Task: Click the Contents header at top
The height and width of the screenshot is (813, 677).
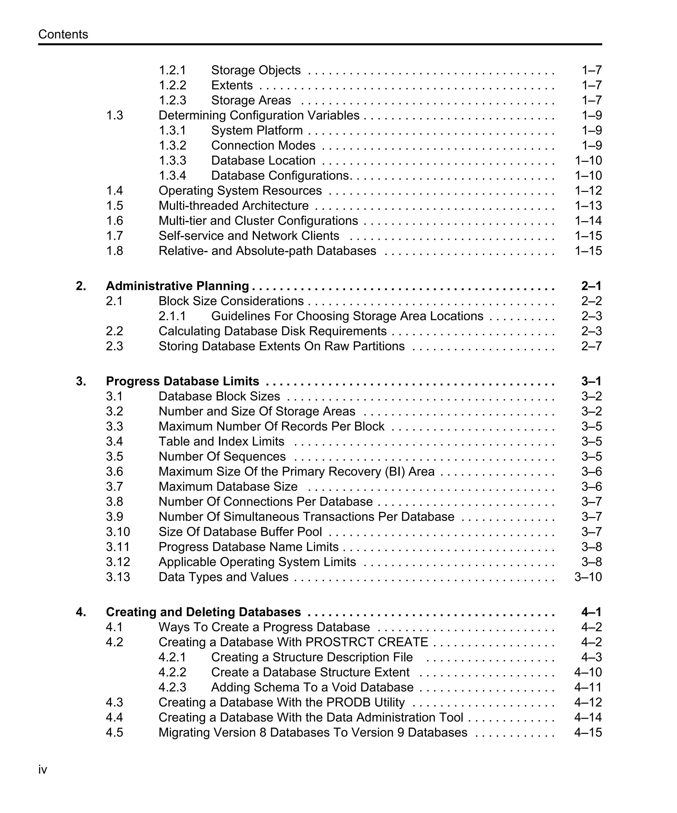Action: click(x=63, y=34)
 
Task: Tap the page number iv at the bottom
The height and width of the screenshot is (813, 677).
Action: click(x=43, y=770)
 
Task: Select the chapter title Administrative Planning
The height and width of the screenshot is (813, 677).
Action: click(x=177, y=286)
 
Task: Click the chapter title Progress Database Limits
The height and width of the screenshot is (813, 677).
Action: click(x=182, y=381)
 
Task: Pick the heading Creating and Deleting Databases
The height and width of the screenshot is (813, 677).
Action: click(x=203, y=612)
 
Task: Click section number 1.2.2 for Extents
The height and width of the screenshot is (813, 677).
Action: click(x=172, y=85)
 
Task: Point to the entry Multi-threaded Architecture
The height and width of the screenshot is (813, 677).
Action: click(x=233, y=206)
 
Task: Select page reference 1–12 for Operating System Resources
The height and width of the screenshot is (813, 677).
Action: click(x=588, y=191)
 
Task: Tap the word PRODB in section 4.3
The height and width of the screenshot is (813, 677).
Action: click(x=348, y=702)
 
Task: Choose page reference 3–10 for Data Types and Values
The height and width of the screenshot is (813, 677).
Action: click(x=588, y=577)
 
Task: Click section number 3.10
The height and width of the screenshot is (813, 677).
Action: click(x=118, y=532)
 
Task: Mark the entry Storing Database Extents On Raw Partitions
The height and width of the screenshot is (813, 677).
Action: click(x=281, y=346)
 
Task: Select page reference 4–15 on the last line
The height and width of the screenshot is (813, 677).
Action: click(x=588, y=733)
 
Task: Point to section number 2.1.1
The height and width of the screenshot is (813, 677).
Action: click(x=172, y=316)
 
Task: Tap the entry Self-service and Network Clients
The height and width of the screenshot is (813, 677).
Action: click(x=249, y=236)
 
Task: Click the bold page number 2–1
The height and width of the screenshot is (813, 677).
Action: click(x=591, y=286)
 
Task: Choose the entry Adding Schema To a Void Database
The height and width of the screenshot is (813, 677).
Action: click(x=312, y=687)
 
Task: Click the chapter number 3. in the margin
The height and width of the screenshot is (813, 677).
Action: click(x=81, y=381)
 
